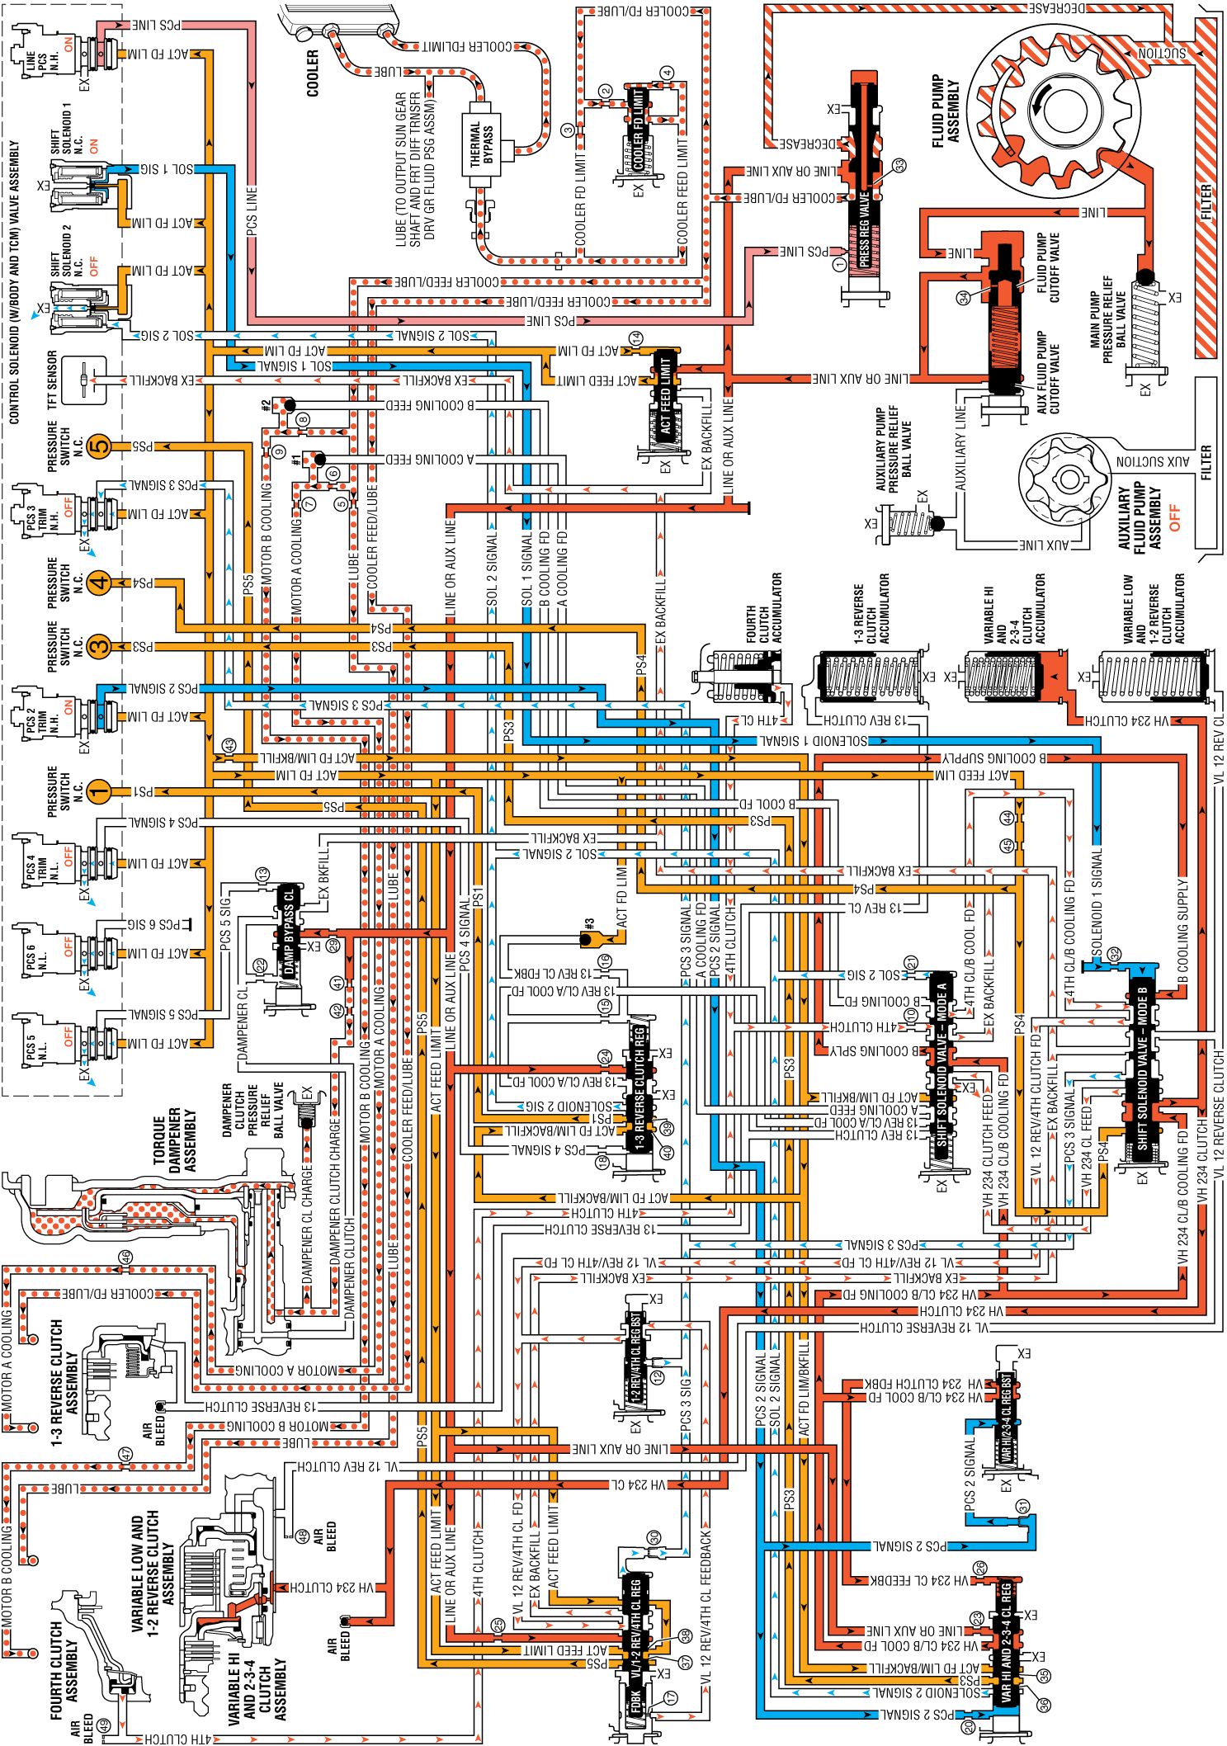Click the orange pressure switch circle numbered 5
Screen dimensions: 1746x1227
click(x=98, y=446)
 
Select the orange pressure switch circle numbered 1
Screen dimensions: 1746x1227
click(x=98, y=792)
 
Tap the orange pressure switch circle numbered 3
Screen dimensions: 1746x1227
click(x=98, y=646)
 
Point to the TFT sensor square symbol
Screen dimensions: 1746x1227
click(x=84, y=380)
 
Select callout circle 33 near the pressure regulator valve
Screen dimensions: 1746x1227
click(x=899, y=165)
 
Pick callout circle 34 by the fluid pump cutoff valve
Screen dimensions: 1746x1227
click(x=963, y=298)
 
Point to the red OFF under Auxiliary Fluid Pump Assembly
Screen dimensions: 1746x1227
click(x=1174, y=517)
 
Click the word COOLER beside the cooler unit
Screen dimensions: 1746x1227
click(x=313, y=73)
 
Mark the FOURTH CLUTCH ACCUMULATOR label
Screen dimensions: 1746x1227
click(x=763, y=607)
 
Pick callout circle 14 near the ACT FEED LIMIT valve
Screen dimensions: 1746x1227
click(x=635, y=338)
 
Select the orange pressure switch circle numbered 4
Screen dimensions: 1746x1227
click(x=98, y=583)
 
